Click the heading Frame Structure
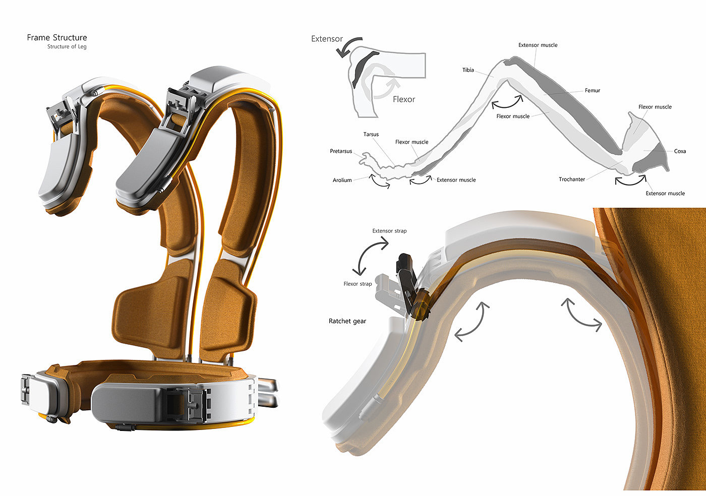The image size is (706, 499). [x=56, y=37]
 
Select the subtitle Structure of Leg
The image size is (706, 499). [x=67, y=46]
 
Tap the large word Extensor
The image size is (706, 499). [x=327, y=39]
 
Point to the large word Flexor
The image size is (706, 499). [x=404, y=99]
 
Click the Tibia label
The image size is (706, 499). [x=468, y=70]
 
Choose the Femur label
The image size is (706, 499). [x=592, y=90]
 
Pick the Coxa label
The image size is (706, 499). [x=680, y=151]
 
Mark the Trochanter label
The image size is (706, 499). [x=572, y=179]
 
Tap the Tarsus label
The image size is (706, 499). [x=371, y=134]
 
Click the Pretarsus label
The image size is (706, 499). [x=341, y=151]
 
